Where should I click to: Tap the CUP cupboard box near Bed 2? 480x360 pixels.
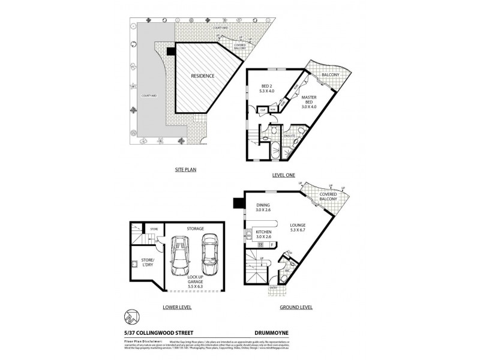(x=262, y=110)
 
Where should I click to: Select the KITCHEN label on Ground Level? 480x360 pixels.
(x=263, y=235)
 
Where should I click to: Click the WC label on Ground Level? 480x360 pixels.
(x=287, y=271)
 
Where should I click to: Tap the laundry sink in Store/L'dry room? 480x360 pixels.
(x=134, y=263)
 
